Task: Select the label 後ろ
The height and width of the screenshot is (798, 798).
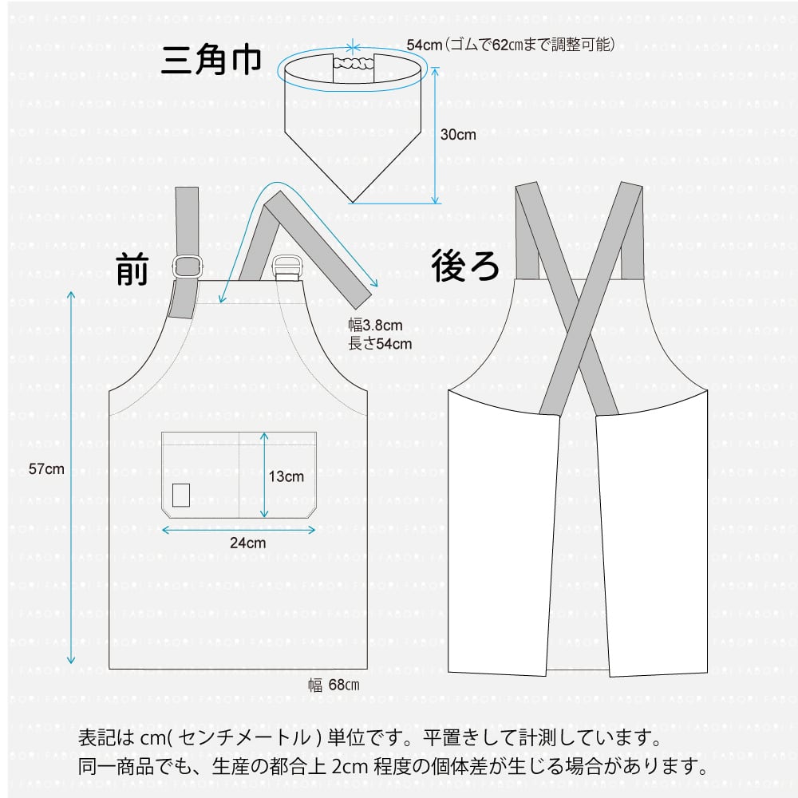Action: click(465, 265)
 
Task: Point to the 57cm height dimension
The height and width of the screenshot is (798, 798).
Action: click(46, 469)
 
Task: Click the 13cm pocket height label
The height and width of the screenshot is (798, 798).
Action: click(286, 476)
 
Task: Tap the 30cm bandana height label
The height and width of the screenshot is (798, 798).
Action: click(458, 135)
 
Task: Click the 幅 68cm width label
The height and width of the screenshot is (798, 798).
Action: click(334, 685)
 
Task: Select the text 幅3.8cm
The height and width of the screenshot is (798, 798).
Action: click(375, 326)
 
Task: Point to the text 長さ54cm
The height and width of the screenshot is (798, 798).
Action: click(380, 344)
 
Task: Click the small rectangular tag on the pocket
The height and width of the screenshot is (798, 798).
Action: click(181, 495)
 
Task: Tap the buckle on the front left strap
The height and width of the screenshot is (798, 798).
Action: click(188, 267)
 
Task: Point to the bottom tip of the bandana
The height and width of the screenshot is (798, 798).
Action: click(352, 199)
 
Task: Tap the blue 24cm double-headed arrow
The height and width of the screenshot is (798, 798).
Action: click(239, 528)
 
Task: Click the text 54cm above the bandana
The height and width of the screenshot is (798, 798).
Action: click(424, 45)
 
